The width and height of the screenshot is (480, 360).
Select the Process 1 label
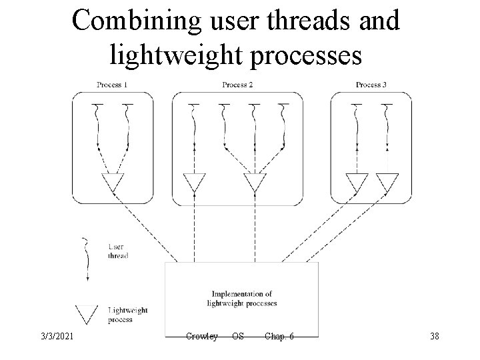tap(112, 85)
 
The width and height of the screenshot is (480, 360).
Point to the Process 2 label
tap(237, 85)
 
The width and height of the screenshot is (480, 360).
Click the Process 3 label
tap(371, 85)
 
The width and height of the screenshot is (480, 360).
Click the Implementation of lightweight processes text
tap(242, 298)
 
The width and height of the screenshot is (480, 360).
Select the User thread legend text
tap(117, 251)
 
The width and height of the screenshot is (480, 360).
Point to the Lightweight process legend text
tap(127, 314)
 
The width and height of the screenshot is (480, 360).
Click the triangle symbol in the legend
tap(87, 313)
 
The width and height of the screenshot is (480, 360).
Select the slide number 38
tap(435, 336)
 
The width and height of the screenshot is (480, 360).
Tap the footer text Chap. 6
tap(279, 336)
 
